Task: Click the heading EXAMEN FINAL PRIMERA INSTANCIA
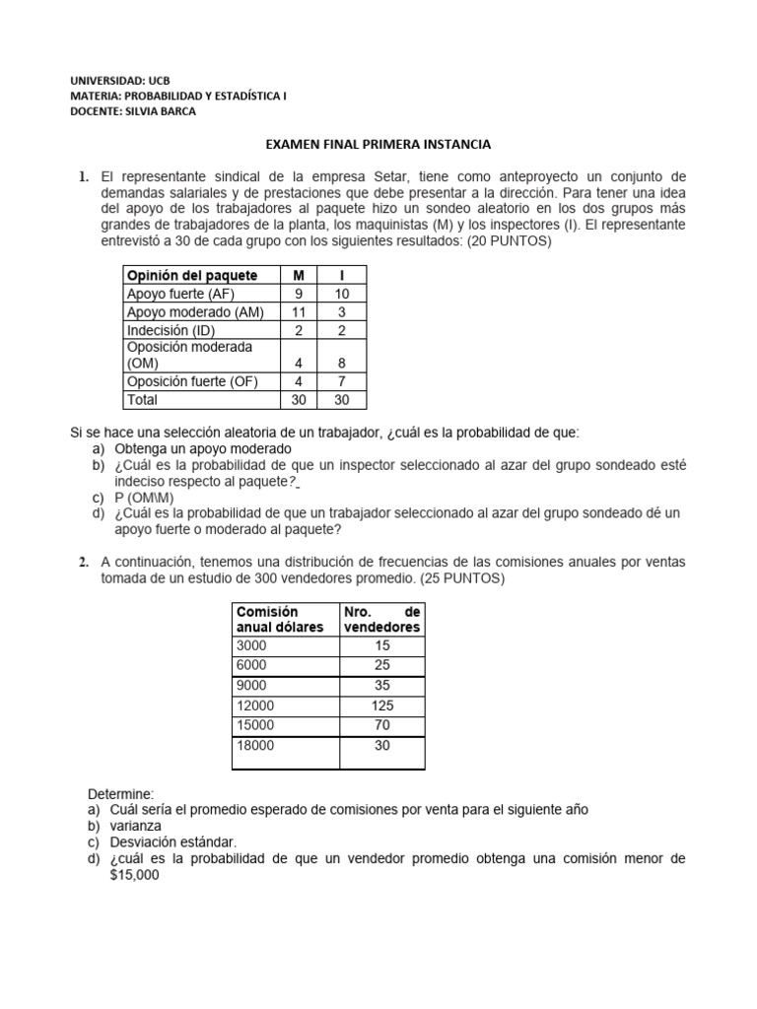(x=378, y=145)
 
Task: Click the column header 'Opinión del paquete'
(x=192, y=275)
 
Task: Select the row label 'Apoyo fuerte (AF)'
(x=180, y=294)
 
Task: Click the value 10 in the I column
(x=341, y=294)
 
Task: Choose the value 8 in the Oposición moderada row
(x=341, y=363)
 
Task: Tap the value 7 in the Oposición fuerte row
(x=341, y=381)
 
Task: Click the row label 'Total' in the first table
(x=142, y=400)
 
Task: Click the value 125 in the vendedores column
(x=381, y=705)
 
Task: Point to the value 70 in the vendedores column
(x=381, y=724)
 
